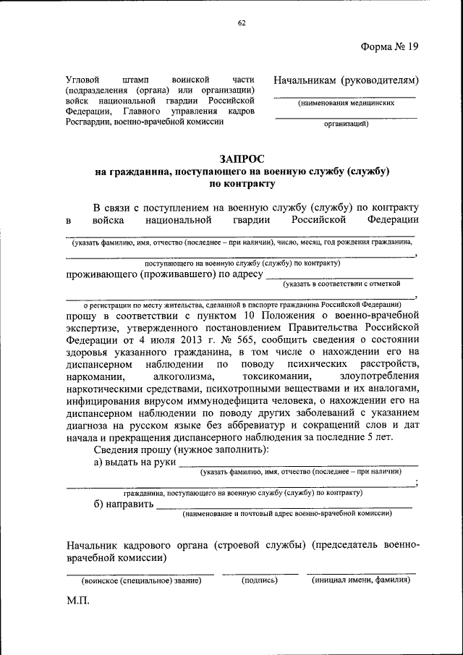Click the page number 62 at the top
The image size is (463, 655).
pyautogui.click(x=242, y=23)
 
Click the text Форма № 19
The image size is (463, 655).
pyautogui.click(x=389, y=47)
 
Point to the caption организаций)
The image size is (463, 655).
pyautogui.click(x=346, y=124)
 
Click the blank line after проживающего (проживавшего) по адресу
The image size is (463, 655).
pyautogui.click(x=340, y=276)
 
